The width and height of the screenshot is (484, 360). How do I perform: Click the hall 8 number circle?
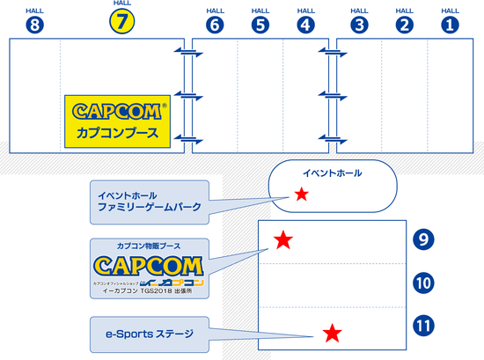pyautogui.click(x=35, y=25)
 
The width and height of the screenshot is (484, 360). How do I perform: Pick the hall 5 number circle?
pyautogui.click(x=260, y=25)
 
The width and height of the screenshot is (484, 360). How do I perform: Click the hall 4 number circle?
pyautogui.click(x=305, y=25)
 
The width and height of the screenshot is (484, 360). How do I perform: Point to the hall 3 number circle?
pyautogui.click(x=358, y=25)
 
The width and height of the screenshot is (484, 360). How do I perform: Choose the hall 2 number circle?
pyautogui.click(x=404, y=25)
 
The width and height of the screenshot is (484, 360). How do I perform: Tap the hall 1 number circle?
pyautogui.click(x=450, y=25)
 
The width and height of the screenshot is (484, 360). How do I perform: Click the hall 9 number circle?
pyautogui.click(x=423, y=238)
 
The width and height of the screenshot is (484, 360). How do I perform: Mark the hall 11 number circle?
pyautogui.click(x=423, y=325)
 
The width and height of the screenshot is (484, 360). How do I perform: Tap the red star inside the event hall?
pyautogui.click(x=302, y=194)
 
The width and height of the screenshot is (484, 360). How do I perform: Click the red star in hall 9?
pyautogui.click(x=283, y=239)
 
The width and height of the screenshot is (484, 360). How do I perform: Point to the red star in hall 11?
pyautogui.click(x=332, y=333)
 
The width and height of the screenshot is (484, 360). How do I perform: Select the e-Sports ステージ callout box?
pyautogui.click(x=150, y=334)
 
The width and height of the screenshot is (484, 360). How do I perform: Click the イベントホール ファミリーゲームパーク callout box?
pyautogui.click(x=150, y=202)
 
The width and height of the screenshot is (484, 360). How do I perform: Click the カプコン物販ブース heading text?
pyautogui.click(x=150, y=246)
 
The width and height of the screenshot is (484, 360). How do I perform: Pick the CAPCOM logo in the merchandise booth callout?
pyautogui.click(x=150, y=266)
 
